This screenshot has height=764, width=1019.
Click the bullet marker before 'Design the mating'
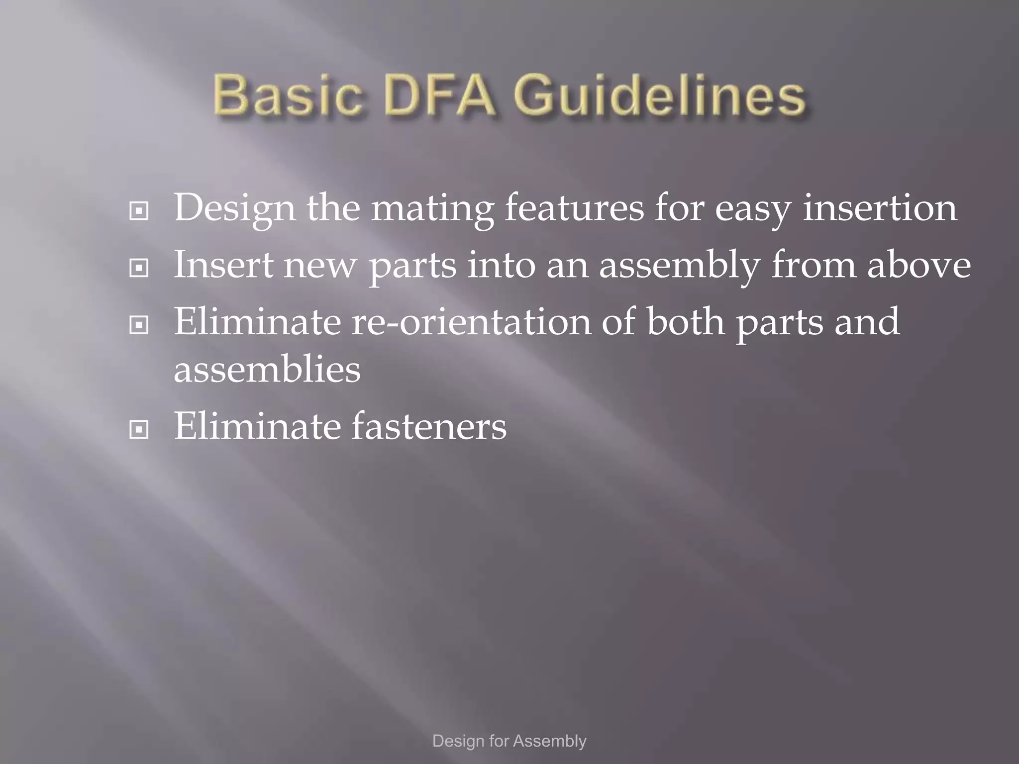point(139,211)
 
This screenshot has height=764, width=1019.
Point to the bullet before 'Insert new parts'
point(139,269)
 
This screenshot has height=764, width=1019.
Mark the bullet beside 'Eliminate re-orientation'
point(139,326)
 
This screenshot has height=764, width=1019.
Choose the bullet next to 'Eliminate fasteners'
point(139,430)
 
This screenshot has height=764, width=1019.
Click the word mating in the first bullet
point(432,209)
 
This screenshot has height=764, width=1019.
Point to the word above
point(919,265)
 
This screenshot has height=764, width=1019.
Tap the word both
point(685,322)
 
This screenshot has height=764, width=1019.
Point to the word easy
point(752,209)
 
